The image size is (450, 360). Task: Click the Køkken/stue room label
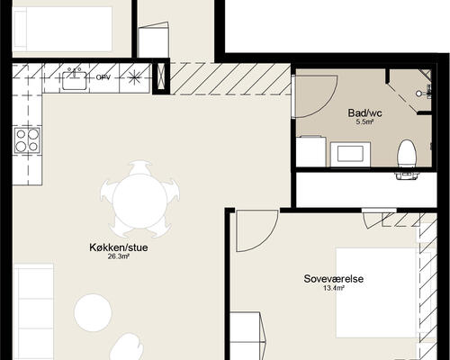(119, 247)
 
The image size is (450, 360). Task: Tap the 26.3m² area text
(119, 256)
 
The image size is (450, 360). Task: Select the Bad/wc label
(364, 113)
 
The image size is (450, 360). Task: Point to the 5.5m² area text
(364, 121)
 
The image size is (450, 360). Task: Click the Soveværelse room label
(334, 279)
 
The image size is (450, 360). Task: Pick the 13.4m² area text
(334, 288)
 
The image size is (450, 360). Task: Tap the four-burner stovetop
(27, 140)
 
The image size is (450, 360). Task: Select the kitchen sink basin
(75, 80)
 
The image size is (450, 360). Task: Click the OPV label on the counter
(103, 77)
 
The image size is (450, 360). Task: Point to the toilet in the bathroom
(407, 156)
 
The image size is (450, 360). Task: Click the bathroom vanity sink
(350, 154)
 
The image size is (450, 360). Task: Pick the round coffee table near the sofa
(93, 313)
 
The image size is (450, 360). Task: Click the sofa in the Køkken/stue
(33, 312)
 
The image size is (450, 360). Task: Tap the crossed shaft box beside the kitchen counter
(159, 77)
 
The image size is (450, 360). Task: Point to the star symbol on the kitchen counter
(134, 77)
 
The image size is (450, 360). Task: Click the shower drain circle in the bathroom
(419, 94)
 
